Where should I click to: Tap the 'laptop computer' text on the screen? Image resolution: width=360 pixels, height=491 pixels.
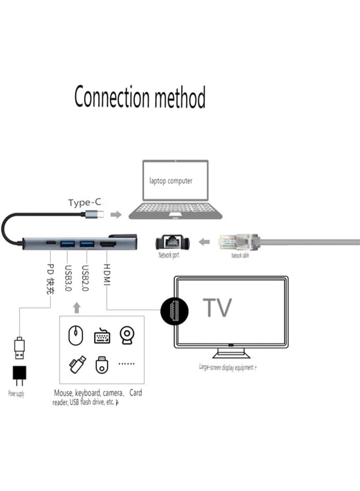point(171,181)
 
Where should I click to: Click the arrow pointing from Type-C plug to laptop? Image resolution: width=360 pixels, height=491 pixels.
point(116,215)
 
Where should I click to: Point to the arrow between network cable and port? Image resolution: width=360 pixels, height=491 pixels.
point(205,243)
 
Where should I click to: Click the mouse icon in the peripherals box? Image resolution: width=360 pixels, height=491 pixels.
point(76,335)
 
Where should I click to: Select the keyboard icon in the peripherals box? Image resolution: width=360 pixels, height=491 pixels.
point(102,336)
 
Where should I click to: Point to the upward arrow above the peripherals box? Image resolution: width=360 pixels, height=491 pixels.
point(76,308)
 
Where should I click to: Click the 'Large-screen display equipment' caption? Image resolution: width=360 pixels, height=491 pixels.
point(228,367)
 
